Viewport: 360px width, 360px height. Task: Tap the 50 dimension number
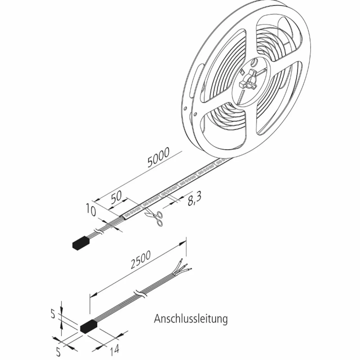point(116,197)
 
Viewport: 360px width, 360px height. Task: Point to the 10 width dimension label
point(91,210)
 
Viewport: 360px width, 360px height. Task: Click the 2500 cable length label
point(141,260)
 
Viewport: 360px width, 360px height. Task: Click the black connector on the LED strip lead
point(81,242)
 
